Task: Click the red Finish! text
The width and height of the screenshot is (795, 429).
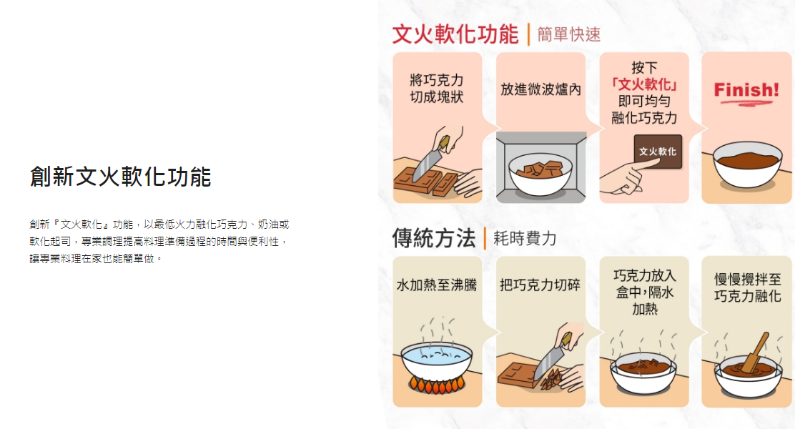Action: click(x=746, y=90)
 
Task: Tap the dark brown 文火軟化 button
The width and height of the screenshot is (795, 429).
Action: click(x=658, y=151)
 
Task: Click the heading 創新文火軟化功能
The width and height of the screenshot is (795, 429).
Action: click(x=120, y=177)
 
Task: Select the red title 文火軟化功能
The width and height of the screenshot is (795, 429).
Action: click(x=455, y=34)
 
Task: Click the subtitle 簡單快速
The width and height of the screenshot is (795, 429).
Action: click(x=569, y=34)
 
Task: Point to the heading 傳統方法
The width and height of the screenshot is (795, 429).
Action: click(x=434, y=238)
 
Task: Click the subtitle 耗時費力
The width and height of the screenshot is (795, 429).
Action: click(x=525, y=238)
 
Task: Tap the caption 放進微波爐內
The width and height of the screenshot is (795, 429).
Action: click(x=541, y=90)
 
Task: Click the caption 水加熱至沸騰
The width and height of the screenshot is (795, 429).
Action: click(x=437, y=285)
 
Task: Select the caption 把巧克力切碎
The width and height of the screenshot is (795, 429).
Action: click(x=540, y=285)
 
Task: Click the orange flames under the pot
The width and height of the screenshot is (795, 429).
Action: click(x=437, y=385)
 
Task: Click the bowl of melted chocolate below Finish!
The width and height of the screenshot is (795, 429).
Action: click(x=747, y=165)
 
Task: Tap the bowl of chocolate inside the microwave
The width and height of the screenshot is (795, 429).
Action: click(x=540, y=174)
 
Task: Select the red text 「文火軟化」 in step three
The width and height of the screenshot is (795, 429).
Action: click(x=644, y=84)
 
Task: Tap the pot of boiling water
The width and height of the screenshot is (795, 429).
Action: click(x=437, y=361)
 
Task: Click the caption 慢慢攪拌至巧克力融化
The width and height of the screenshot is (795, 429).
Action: click(x=747, y=287)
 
